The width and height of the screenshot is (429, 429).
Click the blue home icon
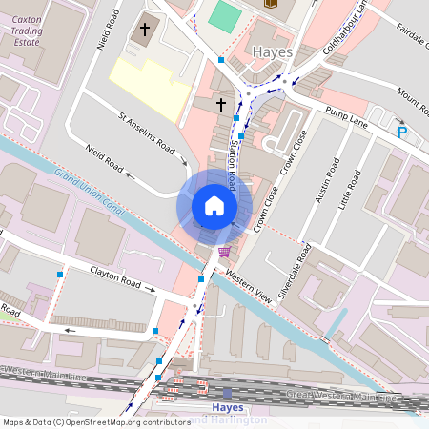(x=214, y=206)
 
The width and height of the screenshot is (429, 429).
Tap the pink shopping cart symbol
(x=224, y=252)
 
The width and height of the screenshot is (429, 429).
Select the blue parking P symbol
(x=401, y=133)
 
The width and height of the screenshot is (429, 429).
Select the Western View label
(x=250, y=287)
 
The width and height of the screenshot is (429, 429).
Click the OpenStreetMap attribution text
(x=96, y=421)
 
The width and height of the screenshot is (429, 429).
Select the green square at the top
(x=225, y=15)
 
